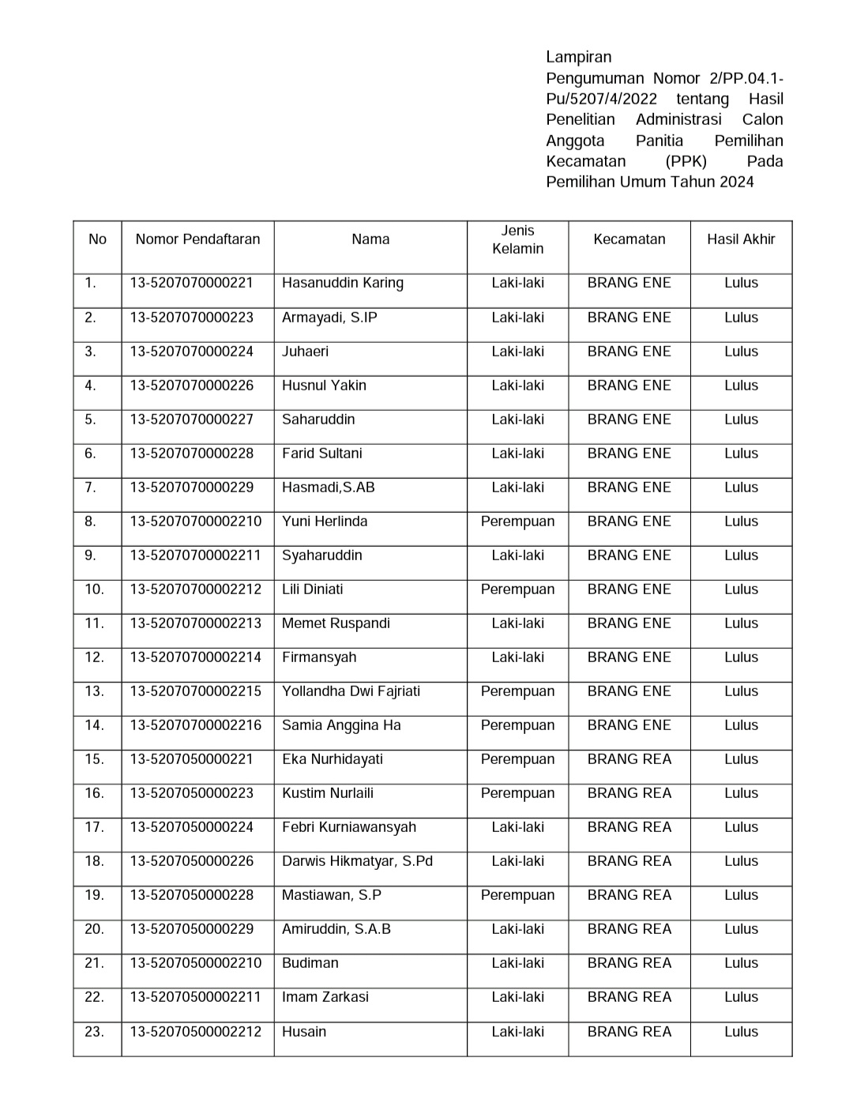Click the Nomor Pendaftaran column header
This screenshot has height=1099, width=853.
point(197,239)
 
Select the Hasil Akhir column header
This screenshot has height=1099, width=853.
point(741,239)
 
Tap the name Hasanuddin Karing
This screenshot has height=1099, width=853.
point(342,283)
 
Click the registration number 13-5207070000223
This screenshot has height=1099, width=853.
point(192,318)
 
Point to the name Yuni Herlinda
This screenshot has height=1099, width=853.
point(325,521)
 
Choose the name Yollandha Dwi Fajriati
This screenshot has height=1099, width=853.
point(351,691)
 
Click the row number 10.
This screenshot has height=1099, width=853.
point(94,589)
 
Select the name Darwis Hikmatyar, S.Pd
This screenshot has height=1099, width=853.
point(357,861)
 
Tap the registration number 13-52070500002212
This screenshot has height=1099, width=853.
point(195,1032)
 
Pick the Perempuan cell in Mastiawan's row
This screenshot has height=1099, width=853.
point(517,895)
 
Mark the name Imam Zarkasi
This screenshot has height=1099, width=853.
point(325,997)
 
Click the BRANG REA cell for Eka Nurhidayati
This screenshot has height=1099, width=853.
point(629,759)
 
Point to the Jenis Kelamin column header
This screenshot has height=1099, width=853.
point(517,239)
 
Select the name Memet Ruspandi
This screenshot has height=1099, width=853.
point(336,623)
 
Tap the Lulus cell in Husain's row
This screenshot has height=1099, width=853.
point(741,1032)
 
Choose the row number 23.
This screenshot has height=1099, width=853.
point(94,1032)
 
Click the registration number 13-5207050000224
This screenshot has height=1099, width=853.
point(192,827)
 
